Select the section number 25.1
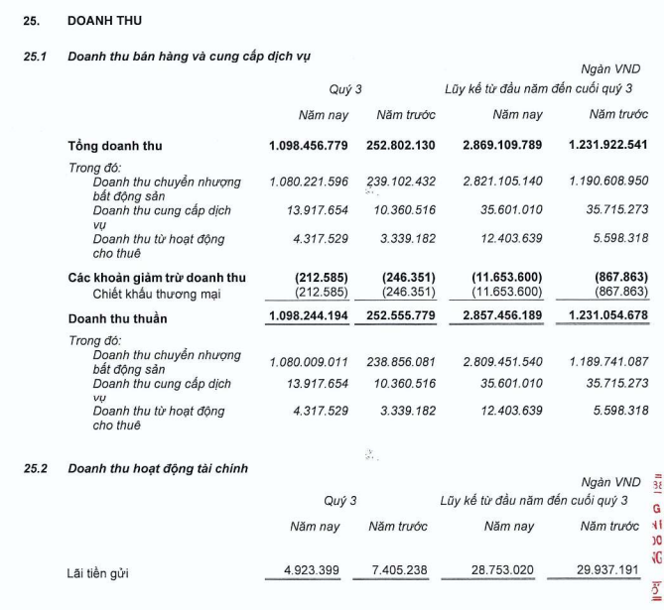(36, 57)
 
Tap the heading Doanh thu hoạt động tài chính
(158, 468)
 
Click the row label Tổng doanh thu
(114, 146)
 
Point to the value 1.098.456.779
(309, 146)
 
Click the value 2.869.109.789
(502, 146)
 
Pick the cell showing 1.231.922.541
(607, 146)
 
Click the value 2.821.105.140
(502, 182)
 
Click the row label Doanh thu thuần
(117, 318)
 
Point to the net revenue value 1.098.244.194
(309, 318)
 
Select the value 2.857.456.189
(502, 318)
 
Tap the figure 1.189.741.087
(607, 362)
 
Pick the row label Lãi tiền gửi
(97, 572)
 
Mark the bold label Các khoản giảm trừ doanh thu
(157, 278)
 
